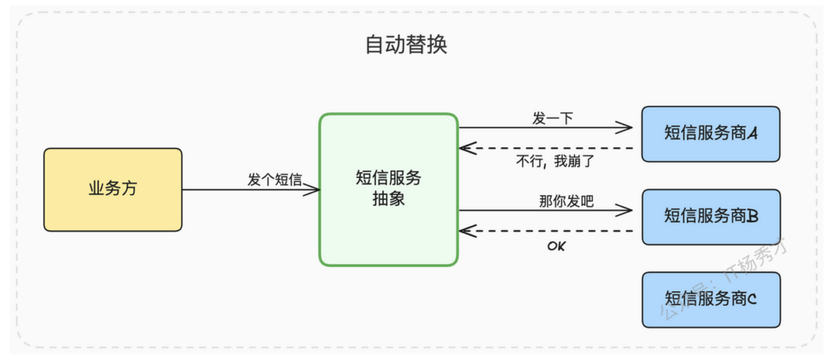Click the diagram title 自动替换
(x=406, y=45)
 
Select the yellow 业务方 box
(x=113, y=189)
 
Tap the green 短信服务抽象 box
(x=389, y=189)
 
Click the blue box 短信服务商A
(x=711, y=133)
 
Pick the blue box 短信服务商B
(x=711, y=217)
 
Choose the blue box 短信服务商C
(x=711, y=300)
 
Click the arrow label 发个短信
(x=275, y=180)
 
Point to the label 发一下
(x=552, y=118)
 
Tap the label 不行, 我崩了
(x=555, y=161)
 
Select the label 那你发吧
(x=566, y=201)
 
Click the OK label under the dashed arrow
(x=556, y=246)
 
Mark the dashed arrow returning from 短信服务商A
(x=547, y=149)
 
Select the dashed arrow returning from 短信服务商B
(x=547, y=231)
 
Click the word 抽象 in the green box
(x=389, y=200)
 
